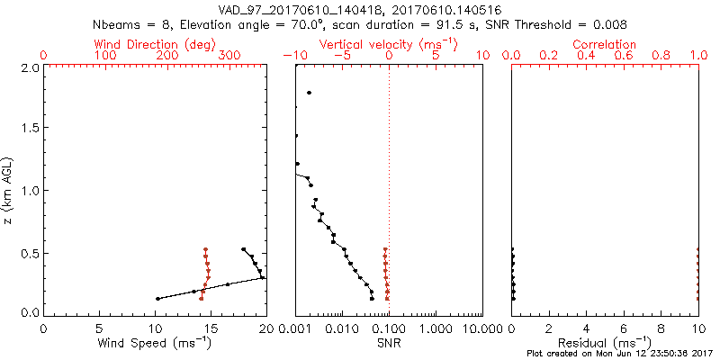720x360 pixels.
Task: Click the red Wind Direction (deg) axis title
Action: [x=154, y=44]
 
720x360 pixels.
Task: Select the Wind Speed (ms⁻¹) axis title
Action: [x=154, y=343]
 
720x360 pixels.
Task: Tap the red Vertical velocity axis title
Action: [x=388, y=44]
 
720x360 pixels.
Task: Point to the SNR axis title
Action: [x=389, y=343]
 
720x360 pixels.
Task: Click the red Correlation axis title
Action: [x=605, y=44]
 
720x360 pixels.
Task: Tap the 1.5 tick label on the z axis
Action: [x=30, y=128]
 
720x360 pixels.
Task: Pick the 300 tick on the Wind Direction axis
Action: [x=230, y=56]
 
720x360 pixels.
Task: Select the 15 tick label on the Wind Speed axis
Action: [x=155, y=328]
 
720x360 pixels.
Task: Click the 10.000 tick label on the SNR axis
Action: [x=482, y=328]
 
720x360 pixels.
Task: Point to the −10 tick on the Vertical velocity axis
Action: [x=293, y=56]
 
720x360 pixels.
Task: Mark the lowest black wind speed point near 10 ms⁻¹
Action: [x=157, y=299]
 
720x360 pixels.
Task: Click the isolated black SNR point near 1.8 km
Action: [x=309, y=93]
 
